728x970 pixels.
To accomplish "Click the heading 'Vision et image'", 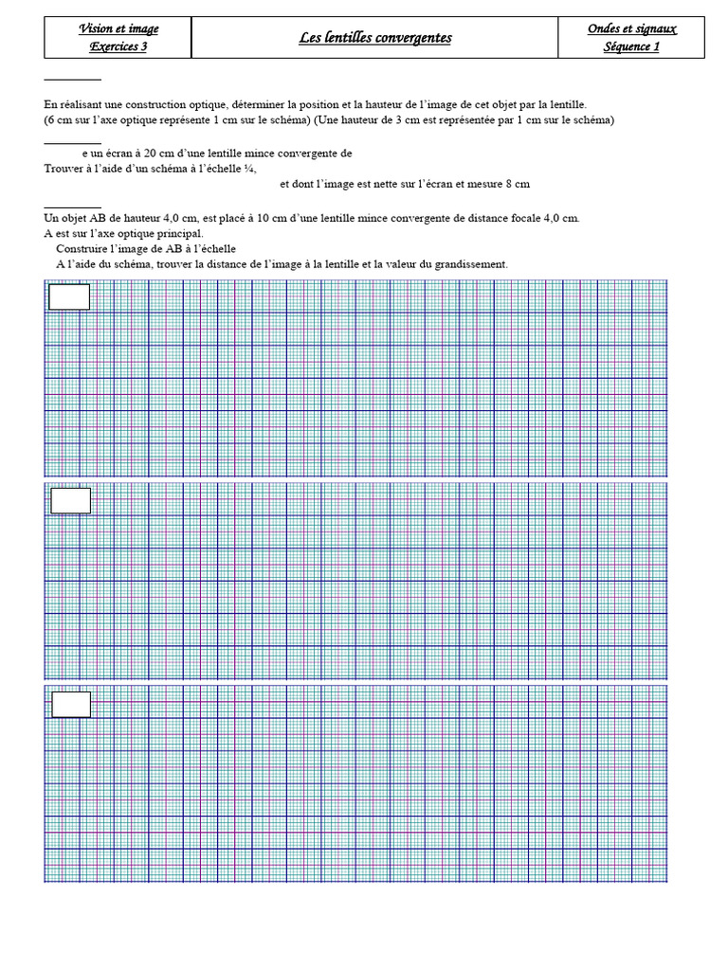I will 118,29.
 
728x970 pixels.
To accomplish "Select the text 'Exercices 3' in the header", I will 118,46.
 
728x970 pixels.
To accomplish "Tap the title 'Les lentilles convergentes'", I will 375,38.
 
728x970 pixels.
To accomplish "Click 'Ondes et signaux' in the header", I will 631,29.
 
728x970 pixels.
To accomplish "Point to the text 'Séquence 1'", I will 631,46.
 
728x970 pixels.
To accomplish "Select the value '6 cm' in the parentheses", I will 59,120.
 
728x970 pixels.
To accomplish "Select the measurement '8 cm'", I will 517,184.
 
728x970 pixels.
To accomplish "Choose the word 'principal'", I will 178,233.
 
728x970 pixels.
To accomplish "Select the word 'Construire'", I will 82,248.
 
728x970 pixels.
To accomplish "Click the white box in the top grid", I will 69,297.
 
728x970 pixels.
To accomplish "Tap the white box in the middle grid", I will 71,500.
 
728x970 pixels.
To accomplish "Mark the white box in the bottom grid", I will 71,705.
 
